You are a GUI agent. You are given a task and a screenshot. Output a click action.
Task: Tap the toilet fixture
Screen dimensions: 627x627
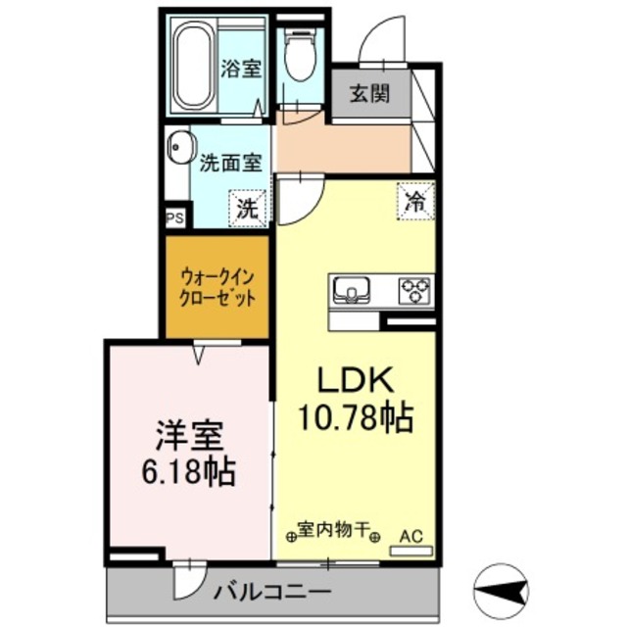point(297,57)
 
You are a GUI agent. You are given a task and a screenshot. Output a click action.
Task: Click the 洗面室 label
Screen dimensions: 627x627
point(231,164)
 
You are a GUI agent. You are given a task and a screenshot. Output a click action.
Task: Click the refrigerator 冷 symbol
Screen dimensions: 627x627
point(415,203)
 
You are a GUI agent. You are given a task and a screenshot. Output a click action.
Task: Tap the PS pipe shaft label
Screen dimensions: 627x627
point(174,218)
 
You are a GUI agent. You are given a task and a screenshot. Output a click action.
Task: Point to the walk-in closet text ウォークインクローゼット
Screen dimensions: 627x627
point(217,288)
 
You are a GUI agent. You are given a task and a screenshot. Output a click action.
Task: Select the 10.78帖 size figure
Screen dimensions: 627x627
point(354,418)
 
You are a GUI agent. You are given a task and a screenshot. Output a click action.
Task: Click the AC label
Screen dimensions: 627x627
point(411,537)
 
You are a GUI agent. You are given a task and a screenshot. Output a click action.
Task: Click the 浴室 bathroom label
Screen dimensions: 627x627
point(239,70)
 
